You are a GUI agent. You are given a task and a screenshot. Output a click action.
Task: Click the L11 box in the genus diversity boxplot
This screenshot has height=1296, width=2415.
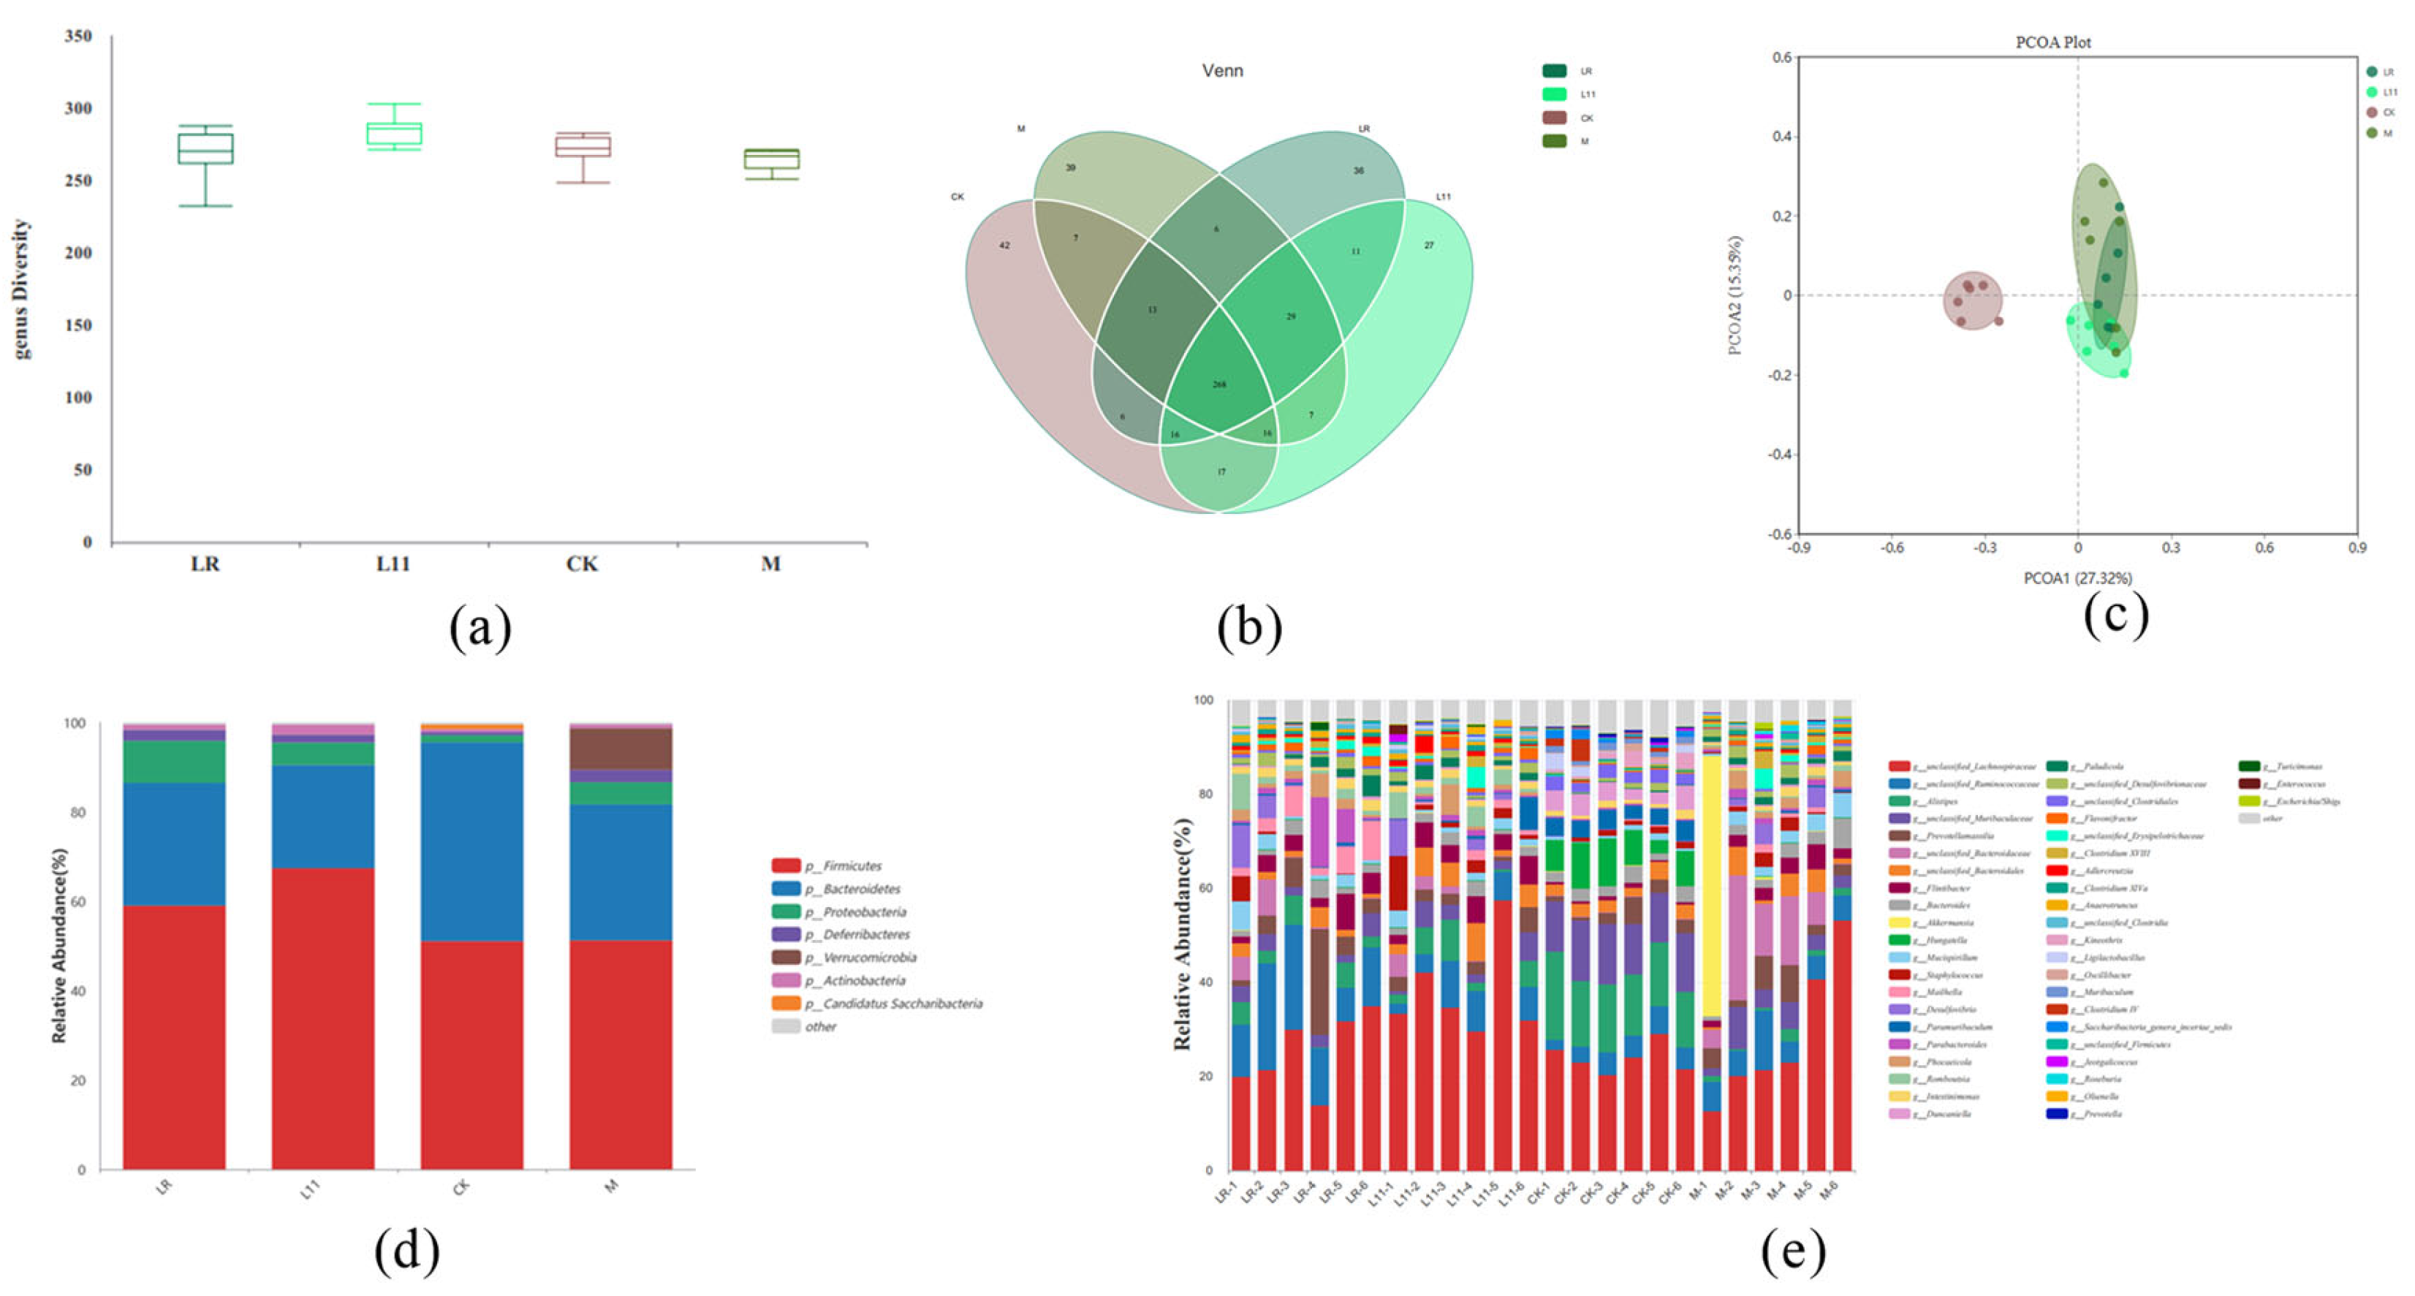pos(394,133)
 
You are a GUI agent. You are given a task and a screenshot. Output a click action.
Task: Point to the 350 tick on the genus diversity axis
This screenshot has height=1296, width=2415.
pos(79,37)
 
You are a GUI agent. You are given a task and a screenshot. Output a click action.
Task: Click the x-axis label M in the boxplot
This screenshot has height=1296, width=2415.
pos(770,564)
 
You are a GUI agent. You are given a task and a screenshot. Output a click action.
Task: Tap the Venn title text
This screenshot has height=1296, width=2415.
pos(1223,70)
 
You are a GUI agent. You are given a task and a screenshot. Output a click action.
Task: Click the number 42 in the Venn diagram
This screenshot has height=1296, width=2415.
pos(1004,246)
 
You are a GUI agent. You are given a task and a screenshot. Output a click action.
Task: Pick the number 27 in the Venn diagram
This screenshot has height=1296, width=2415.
pos(1429,246)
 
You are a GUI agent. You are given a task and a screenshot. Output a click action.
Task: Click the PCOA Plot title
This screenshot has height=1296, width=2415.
pos(2053,42)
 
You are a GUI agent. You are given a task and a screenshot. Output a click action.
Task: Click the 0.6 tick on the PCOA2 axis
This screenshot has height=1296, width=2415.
pos(1782,57)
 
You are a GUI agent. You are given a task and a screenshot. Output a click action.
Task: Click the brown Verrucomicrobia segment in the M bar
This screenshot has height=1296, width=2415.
pos(621,749)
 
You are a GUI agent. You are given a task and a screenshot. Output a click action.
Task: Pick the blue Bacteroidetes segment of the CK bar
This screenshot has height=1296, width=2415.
pos(471,841)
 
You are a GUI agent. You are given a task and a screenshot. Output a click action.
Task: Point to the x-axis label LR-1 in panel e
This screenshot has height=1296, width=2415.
pos(1225,1193)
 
